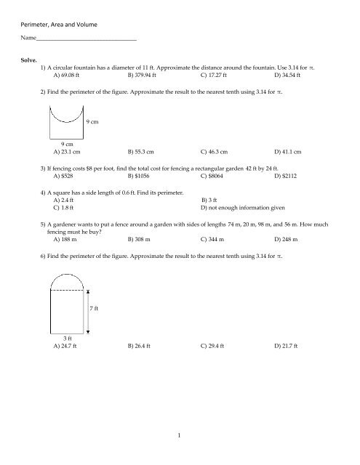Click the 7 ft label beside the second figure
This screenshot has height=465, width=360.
(x=94, y=308)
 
